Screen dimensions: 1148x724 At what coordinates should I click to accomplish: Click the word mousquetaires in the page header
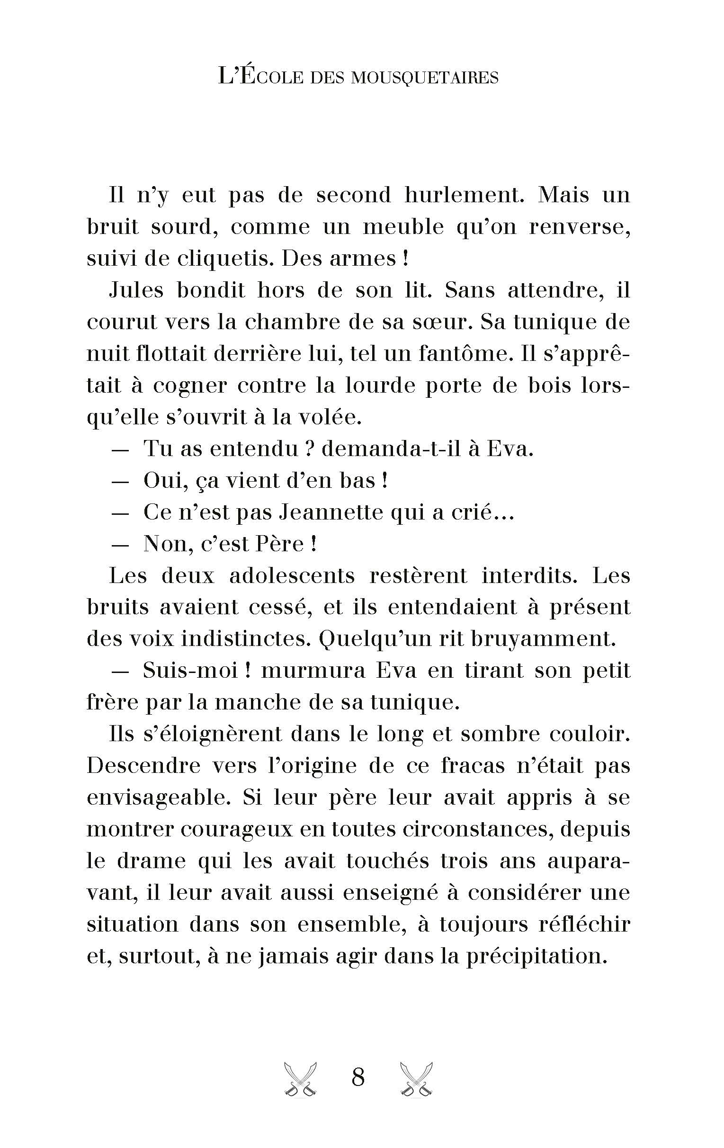tap(424, 77)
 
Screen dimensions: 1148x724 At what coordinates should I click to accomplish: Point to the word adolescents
tap(292, 575)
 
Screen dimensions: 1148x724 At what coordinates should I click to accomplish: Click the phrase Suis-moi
tap(190, 671)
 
